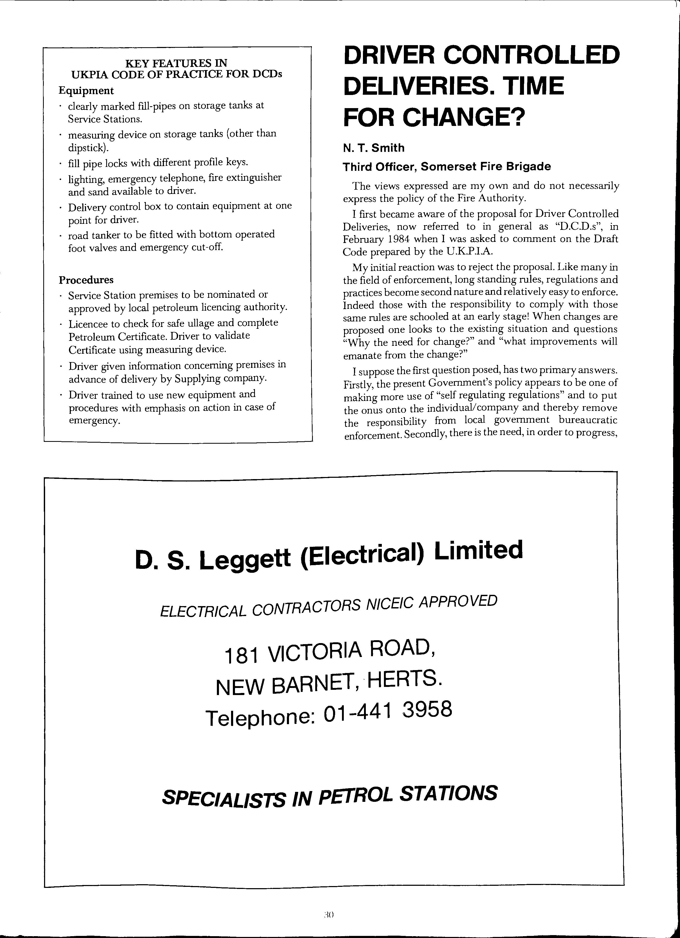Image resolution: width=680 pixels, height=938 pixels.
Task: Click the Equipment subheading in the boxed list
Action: coord(86,91)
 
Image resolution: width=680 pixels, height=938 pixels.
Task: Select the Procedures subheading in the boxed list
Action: coord(86,280)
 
